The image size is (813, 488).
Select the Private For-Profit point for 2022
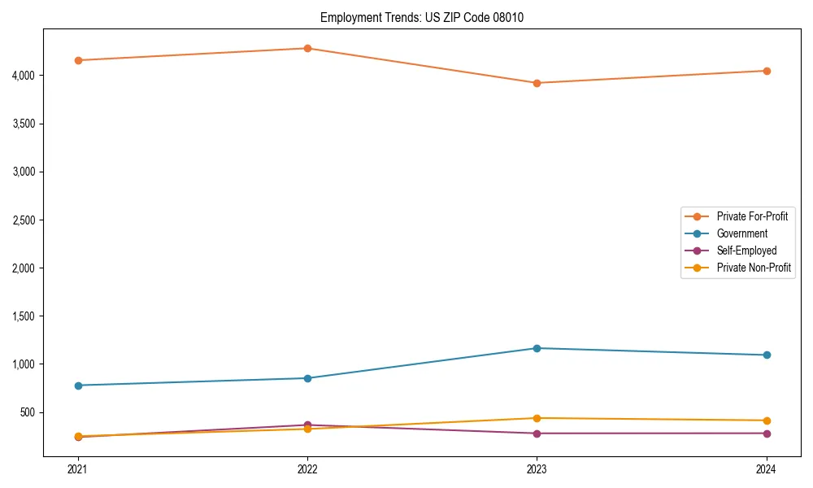[307, 48]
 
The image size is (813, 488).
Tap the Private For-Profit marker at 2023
[537, 83]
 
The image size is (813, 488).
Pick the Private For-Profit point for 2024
[767, 71]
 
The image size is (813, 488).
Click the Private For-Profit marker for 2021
[78, 60]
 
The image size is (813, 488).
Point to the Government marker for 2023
[537, 348]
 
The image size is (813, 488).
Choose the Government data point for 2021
[78, 386]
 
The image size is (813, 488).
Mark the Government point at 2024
[767, 355]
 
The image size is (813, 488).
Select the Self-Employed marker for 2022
[307, 425]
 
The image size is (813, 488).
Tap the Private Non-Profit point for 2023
[537, 418]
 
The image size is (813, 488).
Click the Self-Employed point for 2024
[767, 434]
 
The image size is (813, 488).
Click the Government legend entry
[741, 233]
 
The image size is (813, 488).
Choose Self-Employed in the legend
[746, 251]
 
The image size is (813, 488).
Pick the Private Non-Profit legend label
[754, 268]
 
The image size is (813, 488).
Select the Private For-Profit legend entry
[752, 216]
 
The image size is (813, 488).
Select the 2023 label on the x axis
[537, 469]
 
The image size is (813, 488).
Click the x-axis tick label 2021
[78, 469]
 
